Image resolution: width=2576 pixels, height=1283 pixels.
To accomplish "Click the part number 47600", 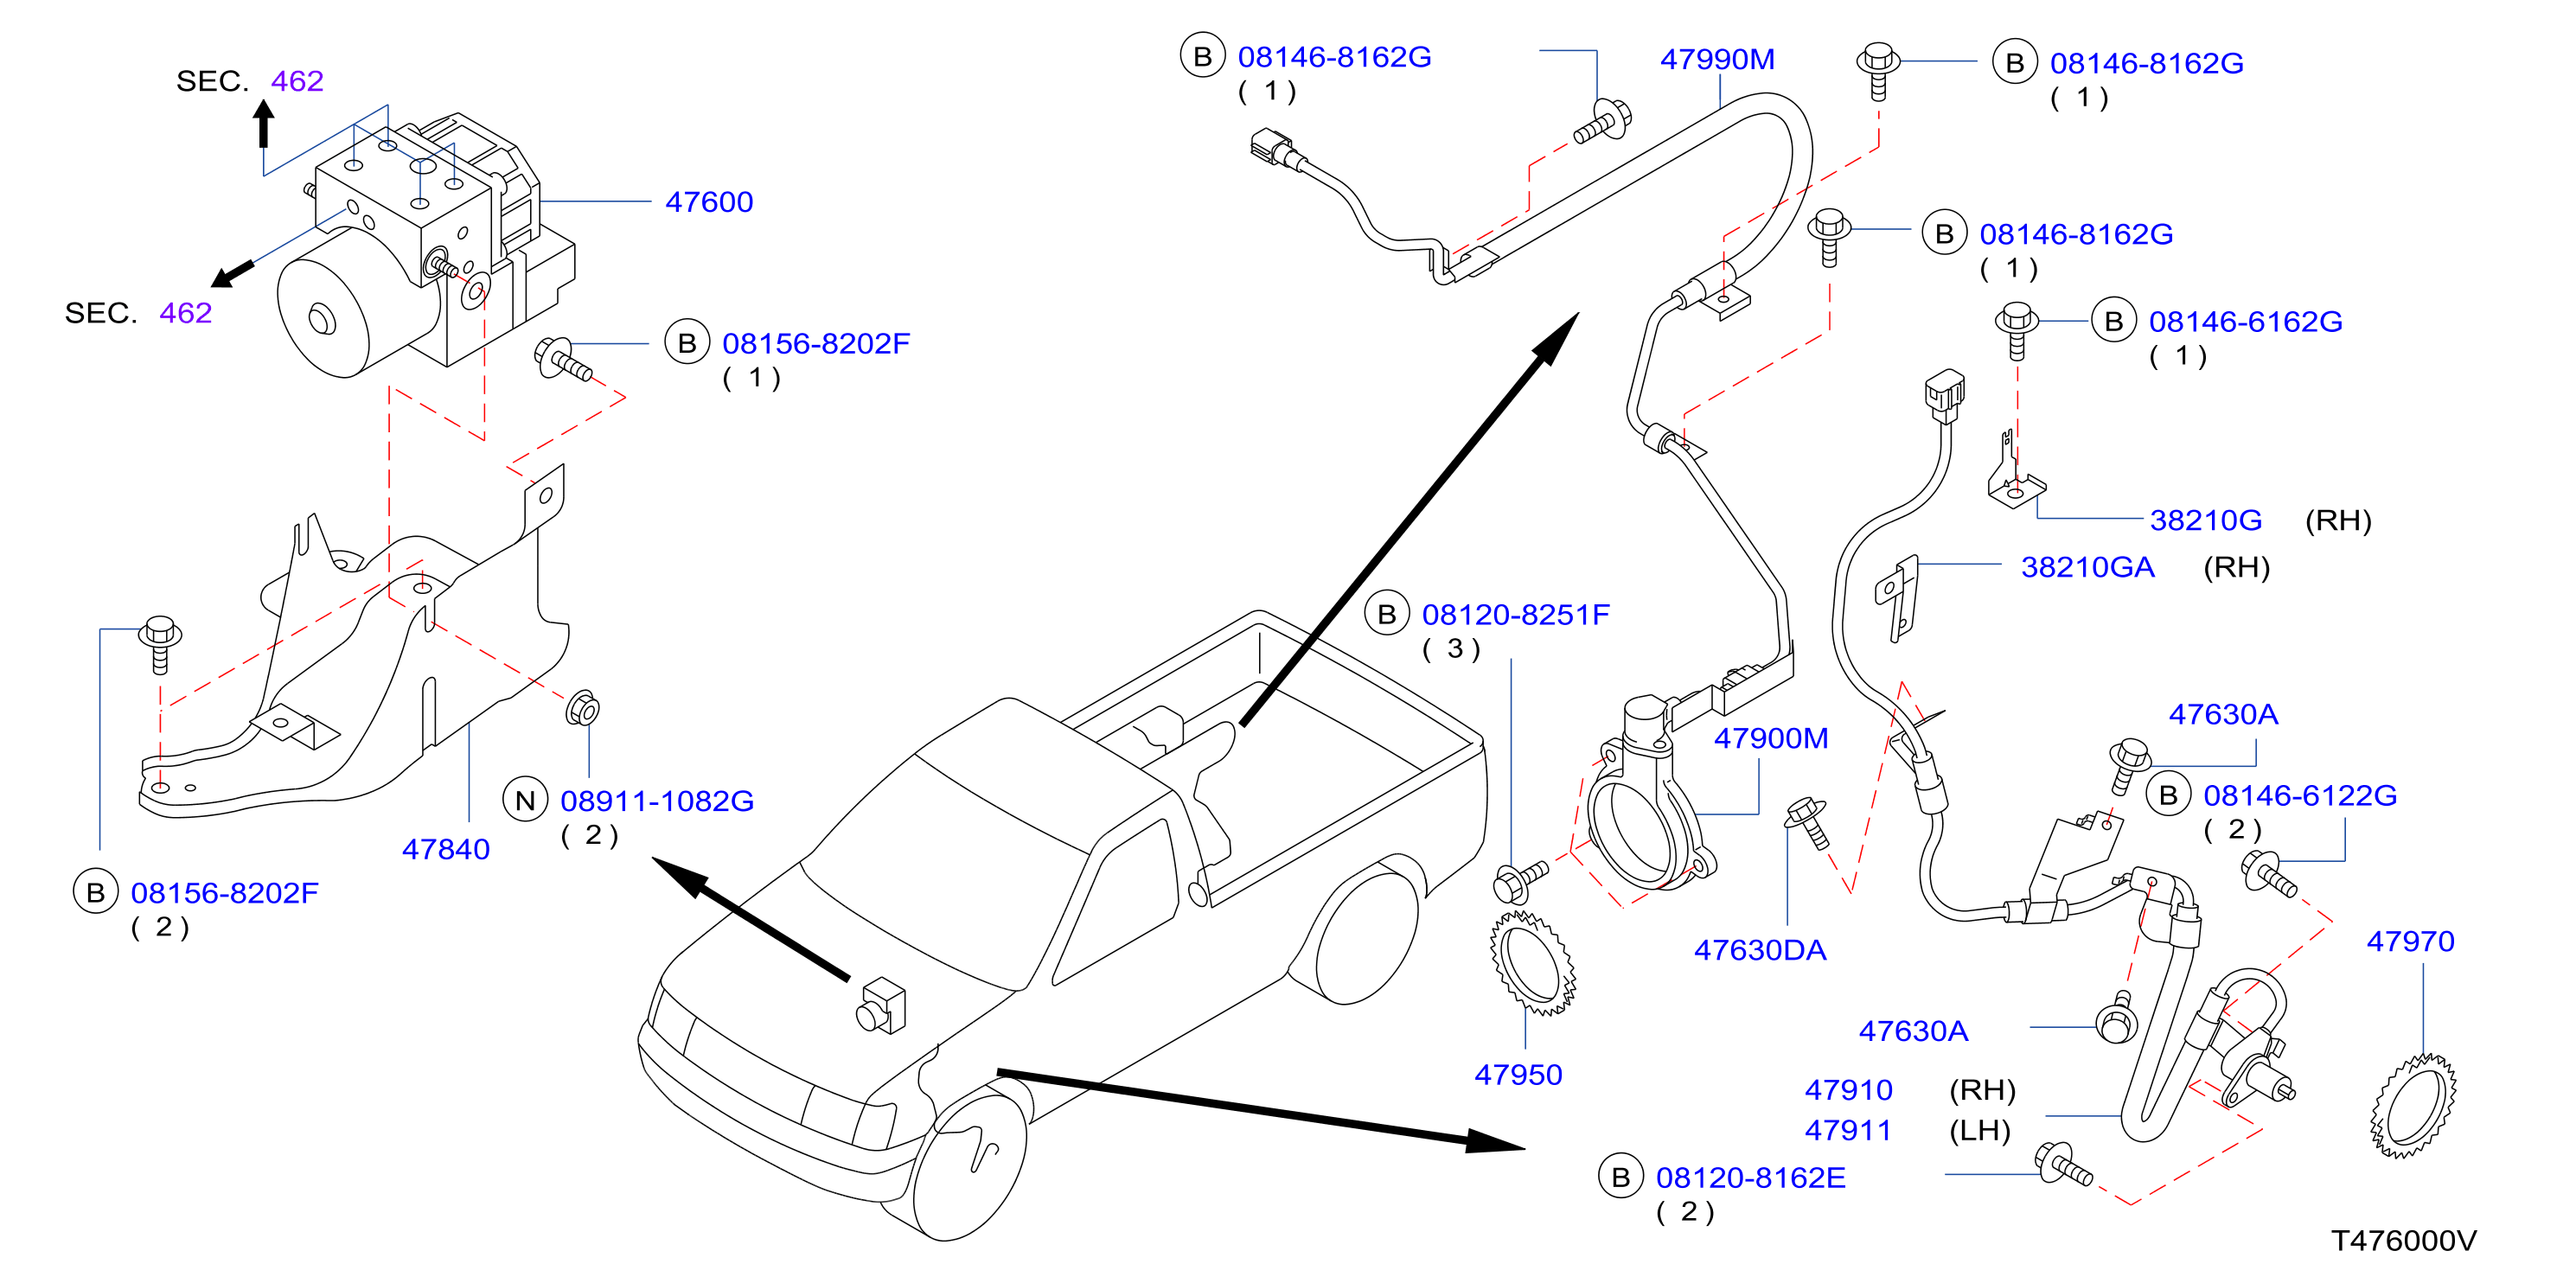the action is point(709,202).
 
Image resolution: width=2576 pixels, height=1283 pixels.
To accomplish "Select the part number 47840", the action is point(446,849).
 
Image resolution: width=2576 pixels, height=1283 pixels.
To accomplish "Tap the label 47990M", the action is point(1717,59).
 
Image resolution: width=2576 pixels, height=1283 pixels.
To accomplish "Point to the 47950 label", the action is point(1518,1074).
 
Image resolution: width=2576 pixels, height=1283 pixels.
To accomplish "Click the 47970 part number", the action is point(2410,941).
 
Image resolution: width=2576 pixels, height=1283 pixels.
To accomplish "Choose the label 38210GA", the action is point(2088,567).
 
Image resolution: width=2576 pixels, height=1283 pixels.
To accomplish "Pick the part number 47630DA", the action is point(1760,950).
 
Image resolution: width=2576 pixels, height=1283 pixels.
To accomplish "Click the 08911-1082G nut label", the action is point(657,801).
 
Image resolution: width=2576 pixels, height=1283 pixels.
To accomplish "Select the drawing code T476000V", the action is point(2404,1241).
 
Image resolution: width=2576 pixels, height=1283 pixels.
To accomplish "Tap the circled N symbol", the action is point(525,800).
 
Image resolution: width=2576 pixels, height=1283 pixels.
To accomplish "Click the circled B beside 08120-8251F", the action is point(1387,614).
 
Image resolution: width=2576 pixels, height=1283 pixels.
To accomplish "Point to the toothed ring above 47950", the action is point(1532,962).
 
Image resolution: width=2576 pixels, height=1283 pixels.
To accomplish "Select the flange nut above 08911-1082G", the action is point(582,709).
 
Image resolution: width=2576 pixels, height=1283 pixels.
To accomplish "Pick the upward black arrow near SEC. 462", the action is point(263,123).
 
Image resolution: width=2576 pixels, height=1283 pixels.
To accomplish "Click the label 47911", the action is point(1848,1130).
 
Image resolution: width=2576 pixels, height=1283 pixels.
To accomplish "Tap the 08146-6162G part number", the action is point(2245,322).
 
